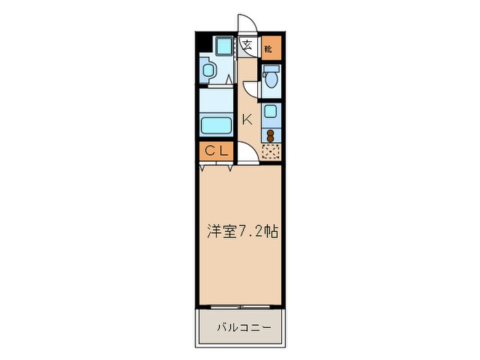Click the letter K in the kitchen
tap(247, 119)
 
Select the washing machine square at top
tap(223, 46)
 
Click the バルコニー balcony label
tap(241, 328)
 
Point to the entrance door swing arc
tap(248, 24)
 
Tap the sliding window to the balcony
tap(240, 306)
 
